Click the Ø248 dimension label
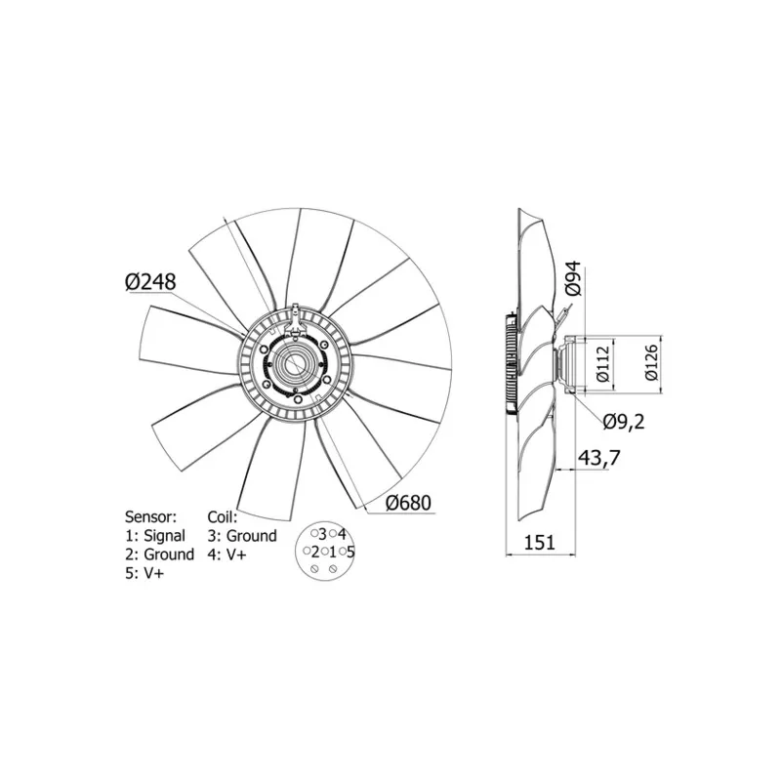pos(149,281)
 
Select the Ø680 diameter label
pos(407,503)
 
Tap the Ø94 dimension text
pos(573,277)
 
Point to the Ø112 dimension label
pos(602,362)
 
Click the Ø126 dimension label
pos(652,362)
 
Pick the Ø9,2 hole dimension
pos(624,422)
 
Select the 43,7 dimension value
pos(599,457)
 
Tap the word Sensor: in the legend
pos(150,515)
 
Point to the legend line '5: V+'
pos(144,574)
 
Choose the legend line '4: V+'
pos(227,555)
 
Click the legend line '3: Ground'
pos(242,535)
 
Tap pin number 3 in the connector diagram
pos(322,534)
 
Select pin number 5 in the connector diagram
pos(350,553)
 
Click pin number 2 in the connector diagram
pos(314,553)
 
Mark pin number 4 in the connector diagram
pos(342,534)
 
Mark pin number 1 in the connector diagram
pos(333,553)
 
